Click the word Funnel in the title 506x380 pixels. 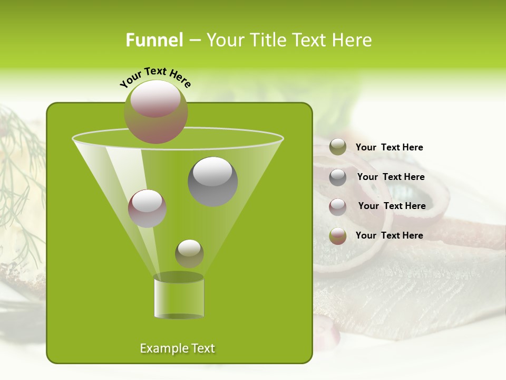point(154,40)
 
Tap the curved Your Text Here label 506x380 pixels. point(155,77)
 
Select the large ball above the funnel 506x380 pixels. point(155,111)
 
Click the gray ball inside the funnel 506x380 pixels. point(212,181)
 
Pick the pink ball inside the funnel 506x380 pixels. point(147,208)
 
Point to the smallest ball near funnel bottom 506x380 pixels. point(189,253)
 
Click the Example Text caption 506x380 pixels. point(178,348)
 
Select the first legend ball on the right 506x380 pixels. point(338,147)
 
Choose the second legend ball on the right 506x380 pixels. point(338,177)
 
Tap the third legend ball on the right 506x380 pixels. point(338,207)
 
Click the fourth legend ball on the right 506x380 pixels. point(338,236)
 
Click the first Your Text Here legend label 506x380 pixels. point(389,148)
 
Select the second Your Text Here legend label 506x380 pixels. point(391,177)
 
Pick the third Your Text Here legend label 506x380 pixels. point(392,206)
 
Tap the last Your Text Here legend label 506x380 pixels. point(389,236)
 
